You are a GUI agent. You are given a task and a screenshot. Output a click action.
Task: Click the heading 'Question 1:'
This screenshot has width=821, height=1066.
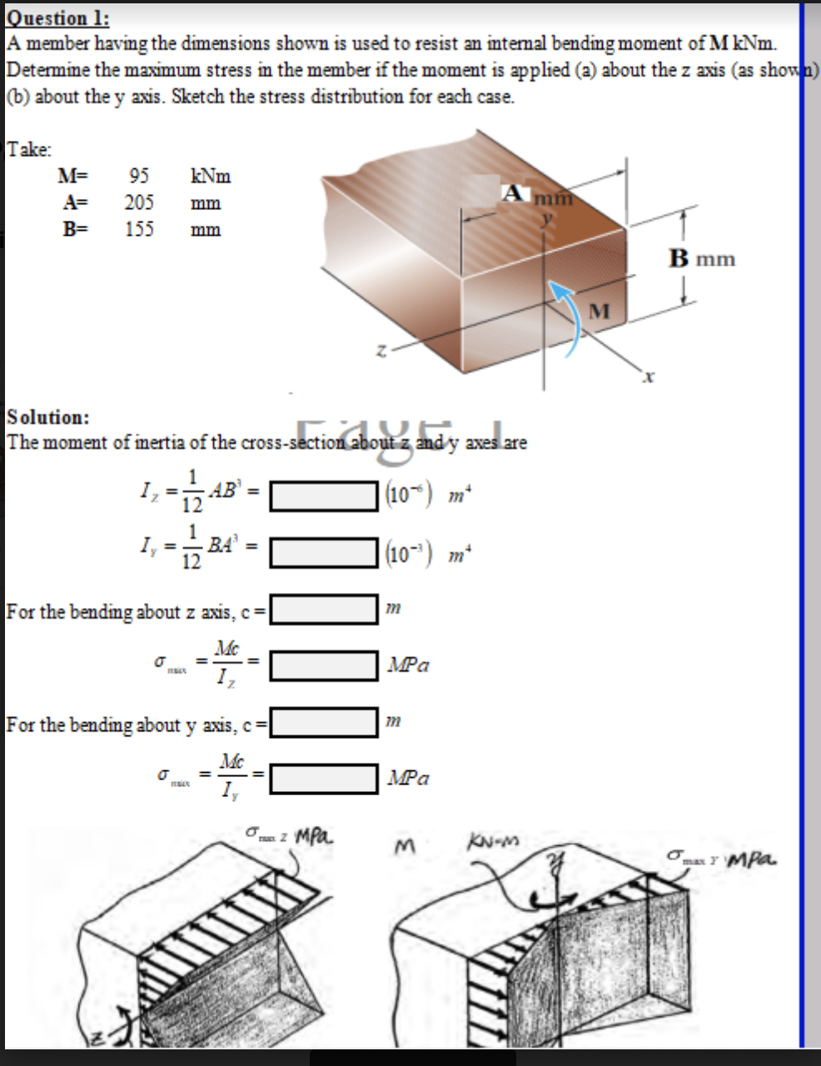click(58, 17)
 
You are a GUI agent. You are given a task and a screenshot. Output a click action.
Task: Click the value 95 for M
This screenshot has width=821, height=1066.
click(139, 176)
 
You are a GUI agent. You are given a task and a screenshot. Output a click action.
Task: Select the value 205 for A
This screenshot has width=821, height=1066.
click(139, 202)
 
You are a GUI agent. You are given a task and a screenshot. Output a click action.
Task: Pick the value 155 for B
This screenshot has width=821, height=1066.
click(139, 229)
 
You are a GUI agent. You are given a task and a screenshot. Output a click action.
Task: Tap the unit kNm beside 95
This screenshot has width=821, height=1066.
click(211, 176)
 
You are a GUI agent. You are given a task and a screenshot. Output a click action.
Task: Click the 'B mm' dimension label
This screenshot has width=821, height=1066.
click(702, 258)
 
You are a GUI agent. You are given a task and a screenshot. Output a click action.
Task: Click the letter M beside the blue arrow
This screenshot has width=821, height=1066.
click(600, 311)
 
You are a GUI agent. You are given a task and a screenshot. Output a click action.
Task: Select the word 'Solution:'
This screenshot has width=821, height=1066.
click(48, 416)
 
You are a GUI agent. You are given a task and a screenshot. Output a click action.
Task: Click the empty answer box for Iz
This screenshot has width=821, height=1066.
click(324, 497)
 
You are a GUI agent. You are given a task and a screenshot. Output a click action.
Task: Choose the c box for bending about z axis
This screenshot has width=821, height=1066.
click(324, 610)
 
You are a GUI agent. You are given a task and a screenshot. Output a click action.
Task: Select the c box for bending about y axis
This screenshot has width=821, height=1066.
click(324, 722)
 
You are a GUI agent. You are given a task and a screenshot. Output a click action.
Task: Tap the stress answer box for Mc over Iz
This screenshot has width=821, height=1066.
click(324, 665)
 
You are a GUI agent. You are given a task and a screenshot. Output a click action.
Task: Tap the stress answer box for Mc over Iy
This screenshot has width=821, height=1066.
click(324, 778)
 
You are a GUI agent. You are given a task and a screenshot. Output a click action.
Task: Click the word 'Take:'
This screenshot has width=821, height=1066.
click(29, 149)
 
